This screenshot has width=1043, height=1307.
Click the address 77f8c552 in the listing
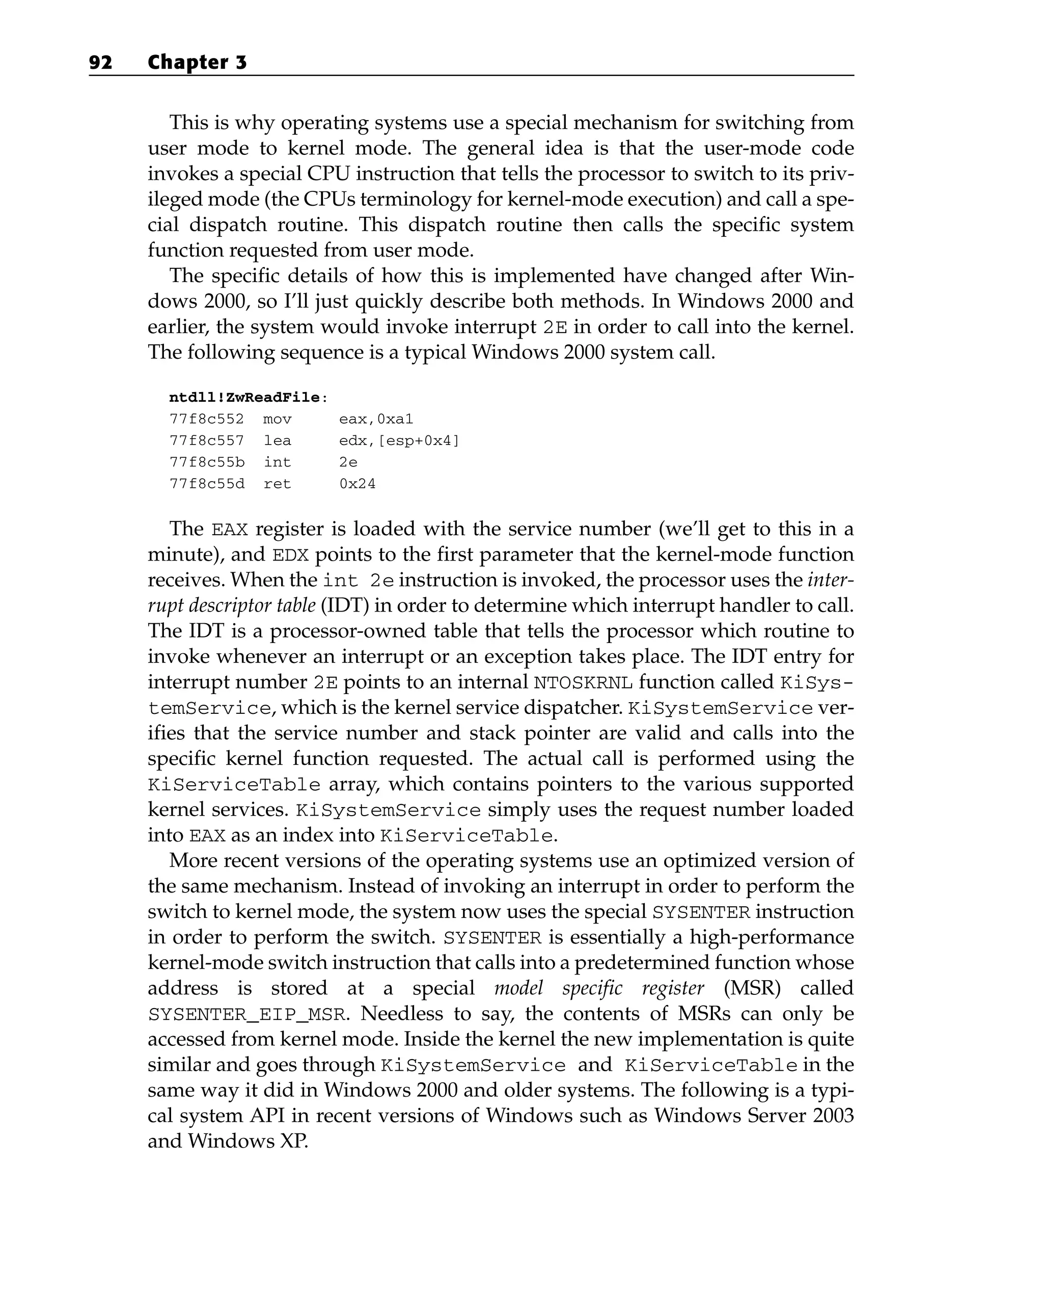click(206, 420)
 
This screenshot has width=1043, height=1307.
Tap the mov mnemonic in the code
click(277, 420)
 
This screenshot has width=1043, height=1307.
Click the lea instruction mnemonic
click(277, 441)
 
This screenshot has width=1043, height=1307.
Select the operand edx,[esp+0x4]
click(399, 441)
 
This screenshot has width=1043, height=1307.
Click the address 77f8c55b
click(206, 462)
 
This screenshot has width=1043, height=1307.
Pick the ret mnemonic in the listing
click(277, 484)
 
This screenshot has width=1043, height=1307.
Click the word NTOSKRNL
click(583, 683)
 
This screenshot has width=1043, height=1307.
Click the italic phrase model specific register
click(599, 988)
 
